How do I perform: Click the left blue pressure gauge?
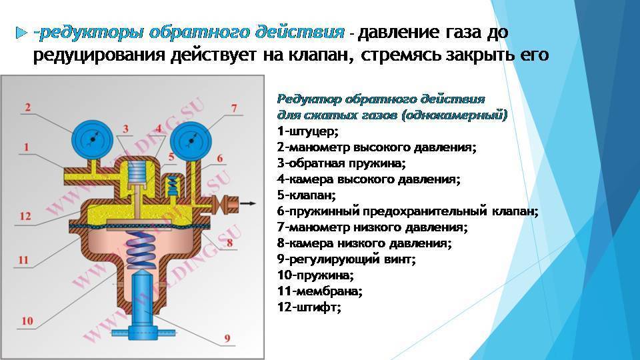92,139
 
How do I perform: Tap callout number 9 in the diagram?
227,338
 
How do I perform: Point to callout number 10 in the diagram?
27,321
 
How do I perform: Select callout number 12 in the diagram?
25,216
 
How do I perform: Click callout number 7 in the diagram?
234,108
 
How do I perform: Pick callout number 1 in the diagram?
27,147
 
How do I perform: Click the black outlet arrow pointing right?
248,203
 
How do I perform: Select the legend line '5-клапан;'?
307,195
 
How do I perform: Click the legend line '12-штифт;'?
309,307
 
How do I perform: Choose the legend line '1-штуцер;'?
308,131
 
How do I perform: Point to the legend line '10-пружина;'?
315,275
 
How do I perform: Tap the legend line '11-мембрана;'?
320,291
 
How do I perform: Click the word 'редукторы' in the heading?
91,33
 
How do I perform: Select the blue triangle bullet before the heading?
21,33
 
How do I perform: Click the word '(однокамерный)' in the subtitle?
455,115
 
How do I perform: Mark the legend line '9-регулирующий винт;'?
347,259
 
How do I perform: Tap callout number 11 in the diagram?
23,259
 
